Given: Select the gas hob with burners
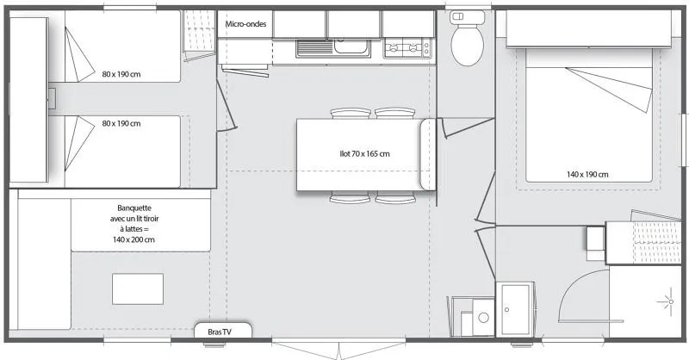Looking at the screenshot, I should pos(407,49).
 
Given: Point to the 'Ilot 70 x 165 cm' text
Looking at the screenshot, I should pos(364,154).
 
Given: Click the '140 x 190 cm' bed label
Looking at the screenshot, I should pos(587,174).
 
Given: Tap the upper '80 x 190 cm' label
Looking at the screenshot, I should pos(121,73).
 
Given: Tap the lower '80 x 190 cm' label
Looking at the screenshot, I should pos(121,123).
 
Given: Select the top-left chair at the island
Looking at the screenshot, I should pos(348,113).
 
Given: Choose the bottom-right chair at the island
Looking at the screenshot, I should pos(394,199).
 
